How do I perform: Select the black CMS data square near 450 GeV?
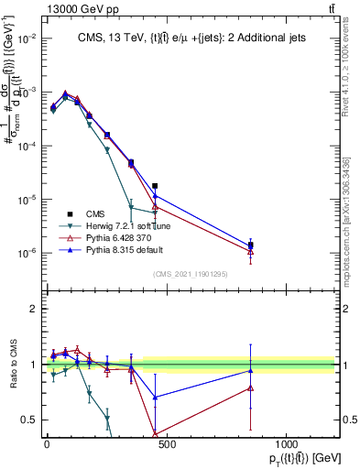coord(155,186)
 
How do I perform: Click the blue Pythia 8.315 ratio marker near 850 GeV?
coord(250,370)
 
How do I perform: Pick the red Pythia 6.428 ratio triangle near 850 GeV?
coord(250,387)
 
